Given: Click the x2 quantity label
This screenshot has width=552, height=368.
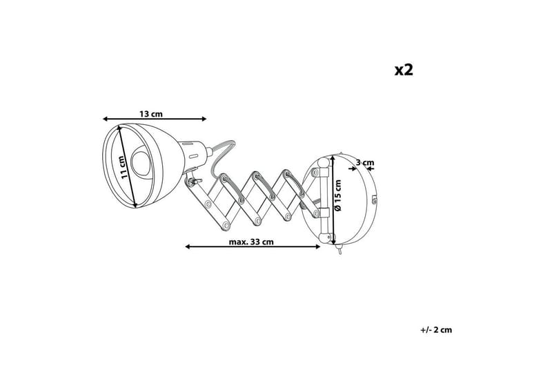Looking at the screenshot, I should (x=403, y=70).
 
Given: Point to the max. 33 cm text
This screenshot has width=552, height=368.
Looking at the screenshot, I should (x=252, y=242).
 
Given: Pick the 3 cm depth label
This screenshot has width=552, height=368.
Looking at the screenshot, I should (x=365, y=164).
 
